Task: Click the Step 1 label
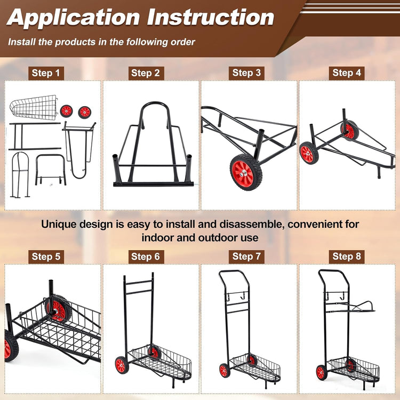(46, 73)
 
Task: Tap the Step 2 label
(145, 73)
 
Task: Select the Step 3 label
(246, 73)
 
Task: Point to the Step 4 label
(347, 73)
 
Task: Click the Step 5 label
(46, 257)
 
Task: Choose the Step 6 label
(145, 257)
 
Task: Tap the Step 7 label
(246, 257)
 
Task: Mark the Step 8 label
(347, 257)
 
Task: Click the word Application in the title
(73, 18)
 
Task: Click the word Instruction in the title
(210, 18)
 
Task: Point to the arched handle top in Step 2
(152, 109)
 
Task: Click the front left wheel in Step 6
(121, 365)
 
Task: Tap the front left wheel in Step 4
(307, 153)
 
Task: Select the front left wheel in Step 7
(223, 370)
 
